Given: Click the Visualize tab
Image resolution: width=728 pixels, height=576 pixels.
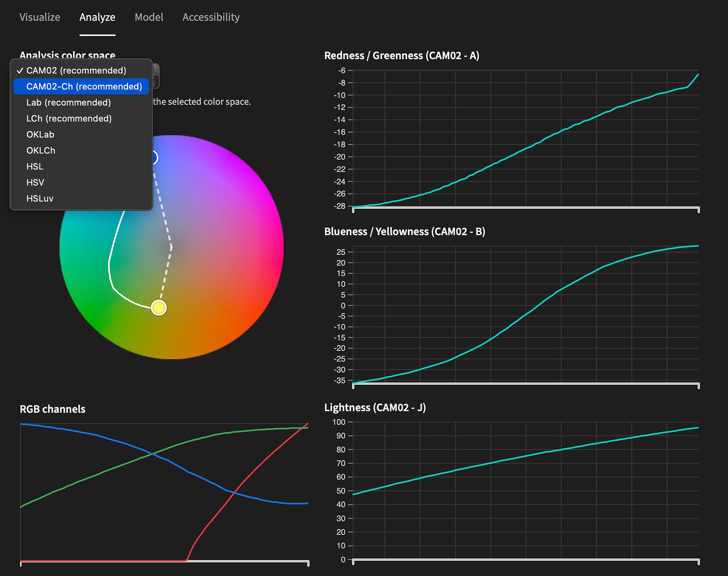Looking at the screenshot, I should (x=39, y=17).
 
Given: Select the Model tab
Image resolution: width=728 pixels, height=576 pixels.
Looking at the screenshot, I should (x=149, y=17).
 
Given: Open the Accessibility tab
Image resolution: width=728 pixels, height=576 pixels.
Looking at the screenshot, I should (x=211, y=17).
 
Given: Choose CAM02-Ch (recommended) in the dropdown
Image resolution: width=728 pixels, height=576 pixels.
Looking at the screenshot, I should (x=84, y=86).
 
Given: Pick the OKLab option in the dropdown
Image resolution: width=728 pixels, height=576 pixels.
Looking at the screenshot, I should (x=40, y=134).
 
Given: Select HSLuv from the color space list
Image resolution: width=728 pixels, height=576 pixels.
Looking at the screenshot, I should (x=39, y=198).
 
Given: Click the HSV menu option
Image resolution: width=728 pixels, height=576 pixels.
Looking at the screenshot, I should (x=35, y=182).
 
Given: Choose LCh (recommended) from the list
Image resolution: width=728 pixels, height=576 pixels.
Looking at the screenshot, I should (x=69, y=118).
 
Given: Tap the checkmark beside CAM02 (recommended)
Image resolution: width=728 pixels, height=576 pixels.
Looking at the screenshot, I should (x=20, y=70).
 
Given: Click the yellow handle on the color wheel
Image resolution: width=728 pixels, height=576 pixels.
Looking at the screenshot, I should (x=158, y=307).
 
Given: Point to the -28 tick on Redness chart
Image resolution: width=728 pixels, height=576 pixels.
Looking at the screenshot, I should (x=340, y=206).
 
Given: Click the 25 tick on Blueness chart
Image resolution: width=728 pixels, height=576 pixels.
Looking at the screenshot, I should (x=341, y=252).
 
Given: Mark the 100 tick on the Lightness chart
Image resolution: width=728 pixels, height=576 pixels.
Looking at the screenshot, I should (x=339, y=422).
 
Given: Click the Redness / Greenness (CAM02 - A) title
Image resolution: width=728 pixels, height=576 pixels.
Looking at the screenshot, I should (x=401, y=55).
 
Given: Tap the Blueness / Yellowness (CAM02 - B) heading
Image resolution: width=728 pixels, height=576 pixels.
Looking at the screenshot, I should (x=404, y=231).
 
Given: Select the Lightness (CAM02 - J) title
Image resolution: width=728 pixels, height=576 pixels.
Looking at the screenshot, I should (x=375, y=407).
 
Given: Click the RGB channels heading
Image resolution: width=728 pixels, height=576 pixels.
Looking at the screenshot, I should (x=52, y=409).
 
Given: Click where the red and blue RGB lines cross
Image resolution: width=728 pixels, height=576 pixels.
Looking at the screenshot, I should (x=233, y=492).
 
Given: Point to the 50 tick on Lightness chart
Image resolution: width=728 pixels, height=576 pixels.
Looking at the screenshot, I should (x=341, y=491).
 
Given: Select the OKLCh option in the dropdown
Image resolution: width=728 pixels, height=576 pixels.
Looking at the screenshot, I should (x=40, y=150).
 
